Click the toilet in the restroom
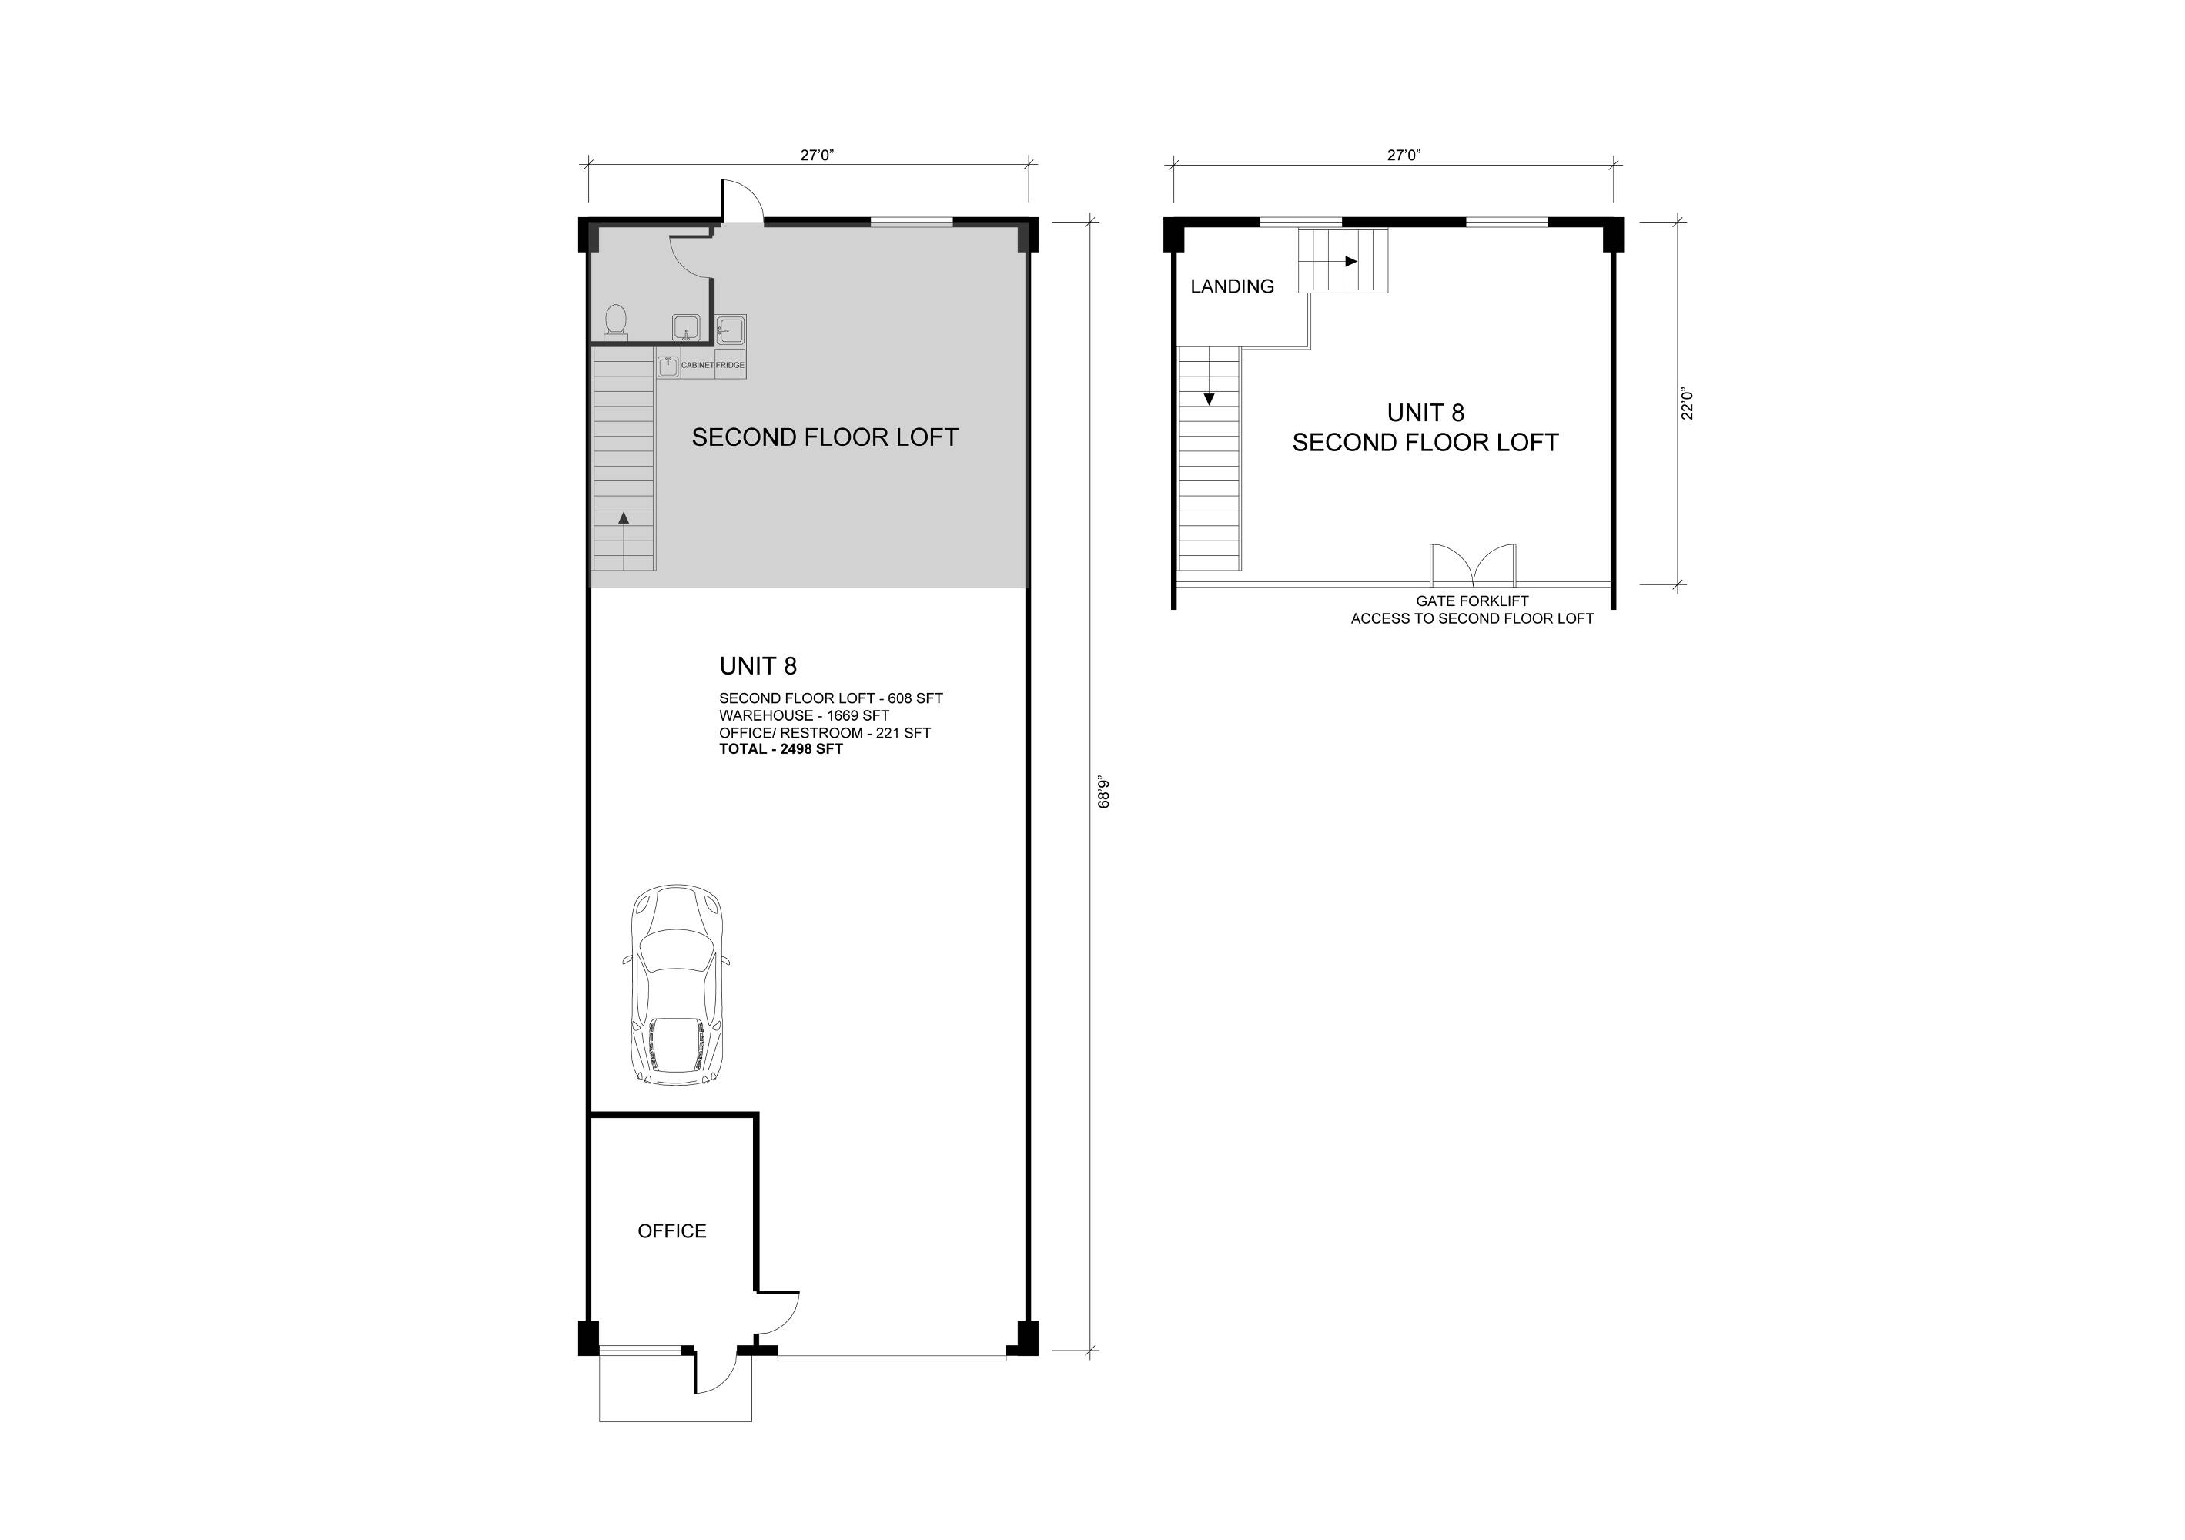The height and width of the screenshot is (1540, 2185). (617, 322)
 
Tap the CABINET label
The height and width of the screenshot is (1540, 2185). (698, 366)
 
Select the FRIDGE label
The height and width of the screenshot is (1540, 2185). (731, 366)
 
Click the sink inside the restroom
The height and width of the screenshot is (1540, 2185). (686, 328)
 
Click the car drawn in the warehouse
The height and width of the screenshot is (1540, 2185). (677, 985)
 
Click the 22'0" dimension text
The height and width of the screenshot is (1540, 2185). (1688, 403)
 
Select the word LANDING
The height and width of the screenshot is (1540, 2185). (1233, 286)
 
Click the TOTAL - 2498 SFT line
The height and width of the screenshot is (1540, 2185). (781, 749)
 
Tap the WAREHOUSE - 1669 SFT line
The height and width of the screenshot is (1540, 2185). (804, 716)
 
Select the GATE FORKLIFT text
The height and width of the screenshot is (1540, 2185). (1472, 601)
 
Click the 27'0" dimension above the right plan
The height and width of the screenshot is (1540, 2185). (1404, 155)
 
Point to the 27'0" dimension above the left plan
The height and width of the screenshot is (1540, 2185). (817, 155)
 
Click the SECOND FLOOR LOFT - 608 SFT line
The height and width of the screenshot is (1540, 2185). (831, 698)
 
